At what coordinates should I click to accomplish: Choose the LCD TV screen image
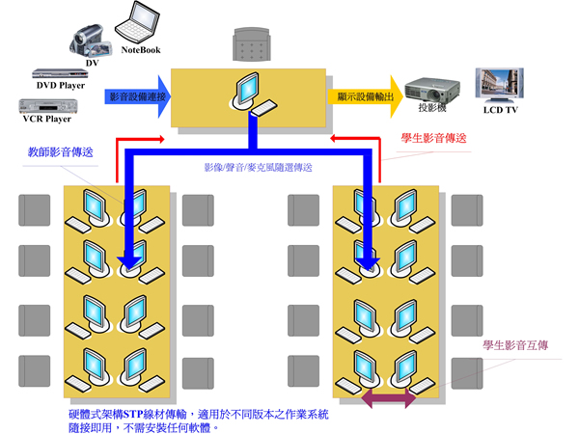click(499, 85)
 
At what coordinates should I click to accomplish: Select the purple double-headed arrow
click(390, 397)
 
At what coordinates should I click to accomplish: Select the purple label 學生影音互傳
click(516, 344)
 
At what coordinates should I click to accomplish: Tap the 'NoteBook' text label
click(141, 49)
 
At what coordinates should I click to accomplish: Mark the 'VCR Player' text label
click(46, 120)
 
